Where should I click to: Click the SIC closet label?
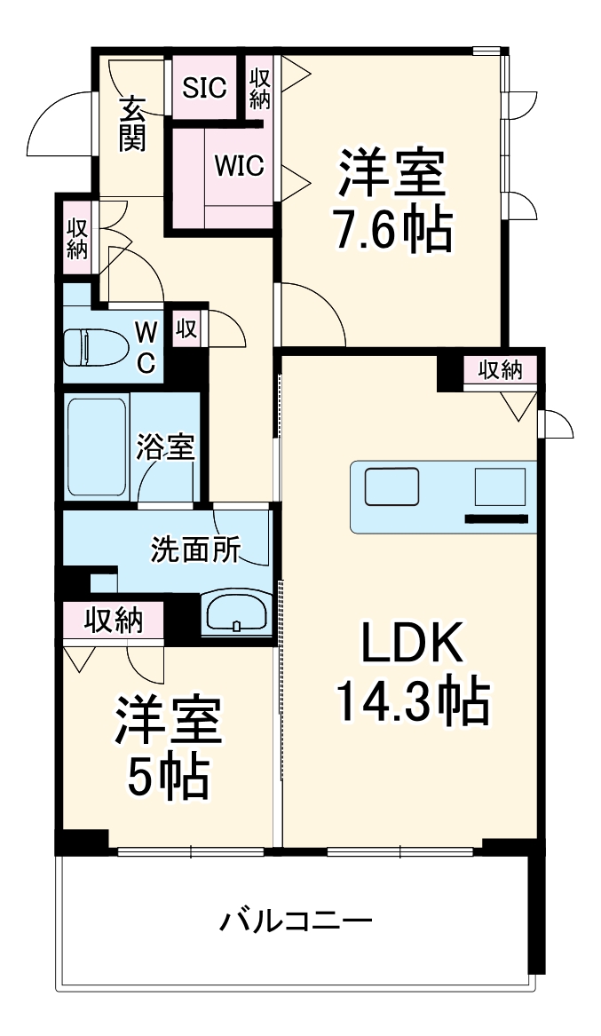pos(204,87)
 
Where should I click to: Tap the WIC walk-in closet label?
pos(239,166)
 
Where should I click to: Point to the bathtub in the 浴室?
pos(96,446)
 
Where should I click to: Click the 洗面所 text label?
pos(195,550)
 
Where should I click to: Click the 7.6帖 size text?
pos(391,230)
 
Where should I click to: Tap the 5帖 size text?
pos(168,779)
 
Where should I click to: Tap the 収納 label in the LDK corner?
pos(500,369)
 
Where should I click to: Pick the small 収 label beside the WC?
pos(186,328)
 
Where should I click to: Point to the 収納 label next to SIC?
pos(258,87)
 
